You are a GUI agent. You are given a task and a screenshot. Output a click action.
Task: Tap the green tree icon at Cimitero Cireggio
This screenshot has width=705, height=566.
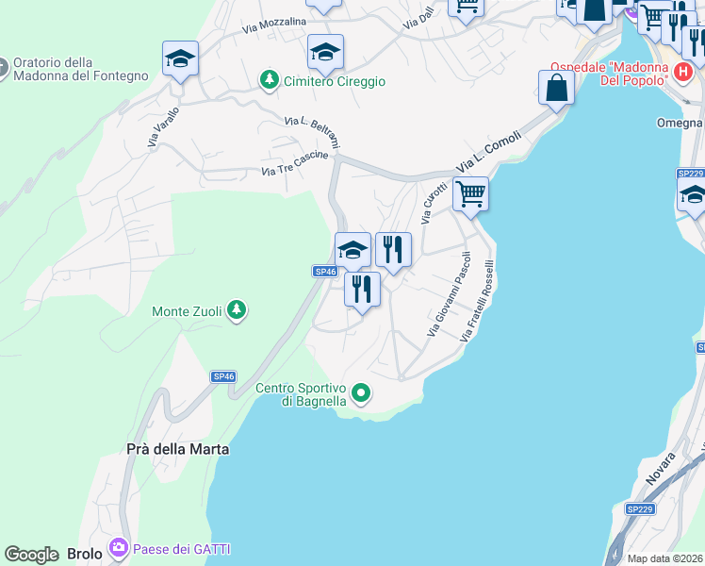click(271, 81)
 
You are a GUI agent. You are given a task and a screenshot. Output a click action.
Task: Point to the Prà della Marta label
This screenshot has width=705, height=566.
click(177, 449)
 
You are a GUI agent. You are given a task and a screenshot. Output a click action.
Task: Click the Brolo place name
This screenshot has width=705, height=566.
click(84, 554)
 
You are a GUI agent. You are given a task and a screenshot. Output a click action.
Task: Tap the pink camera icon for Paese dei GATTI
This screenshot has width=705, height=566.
click(118, 548)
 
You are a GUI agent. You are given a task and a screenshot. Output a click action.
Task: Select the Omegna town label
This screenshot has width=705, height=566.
click(680, 123)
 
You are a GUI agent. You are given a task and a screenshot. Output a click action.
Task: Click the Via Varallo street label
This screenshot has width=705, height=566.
click(163, 126)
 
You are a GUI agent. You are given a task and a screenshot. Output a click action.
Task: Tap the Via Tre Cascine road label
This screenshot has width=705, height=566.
click(295, 170)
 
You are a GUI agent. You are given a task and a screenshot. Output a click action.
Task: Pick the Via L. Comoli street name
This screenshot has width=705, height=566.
click(489, 150)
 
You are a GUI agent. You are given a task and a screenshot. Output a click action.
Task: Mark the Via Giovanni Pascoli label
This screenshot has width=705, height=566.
click(449, 293)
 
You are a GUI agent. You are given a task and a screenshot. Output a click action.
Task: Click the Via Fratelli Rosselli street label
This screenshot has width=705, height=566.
click(477, 300)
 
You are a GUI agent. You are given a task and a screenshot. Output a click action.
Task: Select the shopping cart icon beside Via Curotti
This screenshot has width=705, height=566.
click(470, 194)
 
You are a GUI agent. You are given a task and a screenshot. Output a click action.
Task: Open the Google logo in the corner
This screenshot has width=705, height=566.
click(31, 555)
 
